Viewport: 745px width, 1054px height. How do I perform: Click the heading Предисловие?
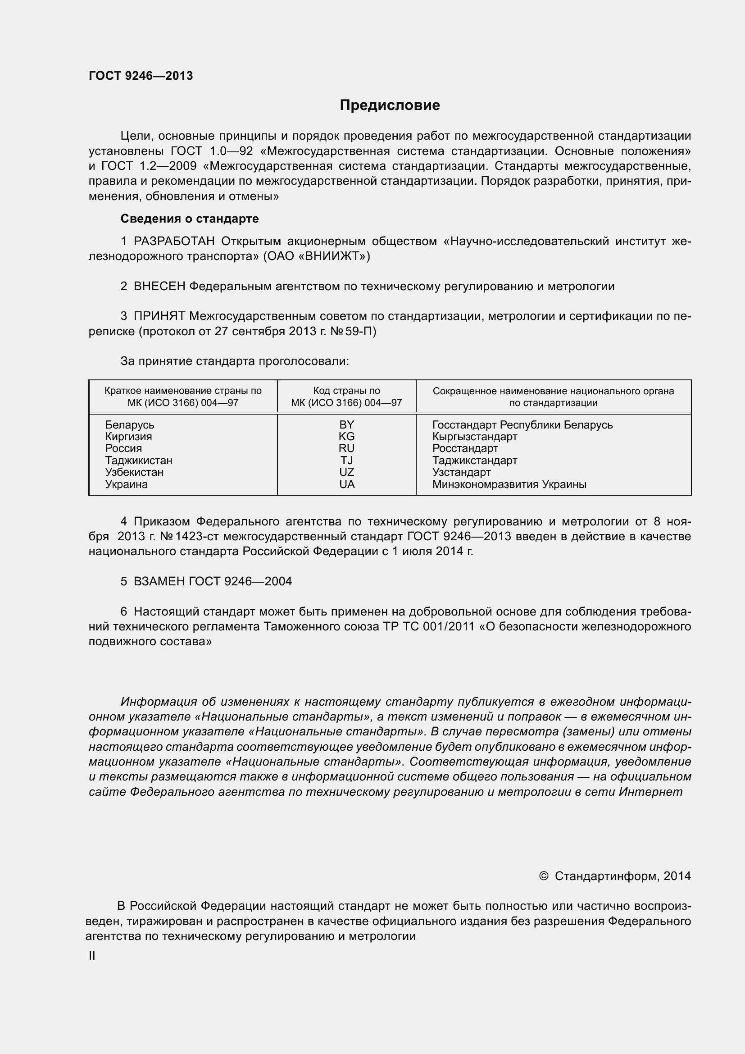pyautogui.click(x=390, y=105)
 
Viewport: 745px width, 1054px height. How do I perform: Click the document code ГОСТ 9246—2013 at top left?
pyautogui.click(x=141, y=76)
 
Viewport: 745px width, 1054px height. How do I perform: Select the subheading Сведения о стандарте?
pyautogui.click(x=190, y=219)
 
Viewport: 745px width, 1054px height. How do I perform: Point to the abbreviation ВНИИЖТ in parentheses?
pyautogui.click(x=331, y=256)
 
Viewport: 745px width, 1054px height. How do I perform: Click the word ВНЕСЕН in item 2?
pyautogui.click(x=159, y=287)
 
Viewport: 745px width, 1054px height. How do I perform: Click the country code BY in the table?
pyautogui.click(x=346, y=424)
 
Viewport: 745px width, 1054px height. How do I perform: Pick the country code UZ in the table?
pyautogui.click(x=346, y=472)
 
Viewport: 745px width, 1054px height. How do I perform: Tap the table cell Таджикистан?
pyautogui.click(x=139, y=461)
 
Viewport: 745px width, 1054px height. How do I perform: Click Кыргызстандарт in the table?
pyautogui.click(x=474, y=437)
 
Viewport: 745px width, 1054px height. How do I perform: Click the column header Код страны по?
pyautogui.click(x=346, y=391)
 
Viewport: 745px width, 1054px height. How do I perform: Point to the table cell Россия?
pyautogui.click(x=123, y=448)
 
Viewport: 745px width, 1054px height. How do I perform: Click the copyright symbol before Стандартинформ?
pyautogui.click(x=544, y=876)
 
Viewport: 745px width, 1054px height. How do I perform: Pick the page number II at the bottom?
pyautogui.click(x=92, y=956)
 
